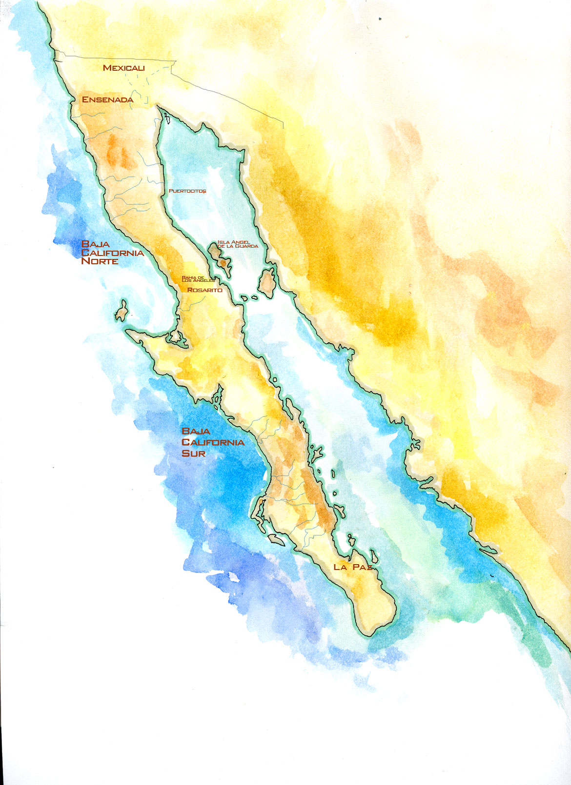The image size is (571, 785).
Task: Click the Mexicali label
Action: (124, 68)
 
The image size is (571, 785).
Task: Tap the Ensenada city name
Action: (107, 99)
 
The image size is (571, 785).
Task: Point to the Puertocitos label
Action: (187, 191)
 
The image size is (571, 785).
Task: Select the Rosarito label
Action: (205, 290)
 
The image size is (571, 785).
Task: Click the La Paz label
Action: (353, 567)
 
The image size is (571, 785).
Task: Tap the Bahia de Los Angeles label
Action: (198, 279)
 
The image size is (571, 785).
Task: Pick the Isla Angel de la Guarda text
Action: (238, 244)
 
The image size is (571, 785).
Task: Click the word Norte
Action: (100, 261)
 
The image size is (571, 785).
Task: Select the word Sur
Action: (193, 453)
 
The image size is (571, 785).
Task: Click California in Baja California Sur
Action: (213, 442)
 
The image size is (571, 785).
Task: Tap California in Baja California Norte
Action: (113, 253)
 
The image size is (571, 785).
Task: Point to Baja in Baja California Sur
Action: (196, 431)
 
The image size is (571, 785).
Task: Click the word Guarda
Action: (246, 246)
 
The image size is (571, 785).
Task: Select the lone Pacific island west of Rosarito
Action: (122, 311)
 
